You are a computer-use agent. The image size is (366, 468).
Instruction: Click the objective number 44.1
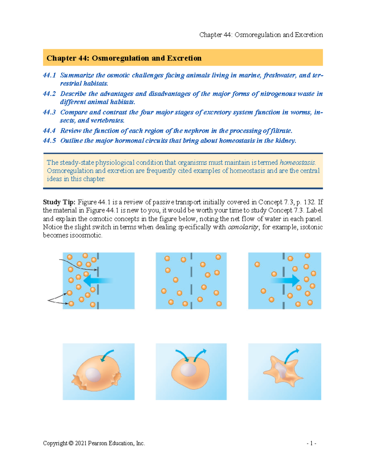[x=49, y=75]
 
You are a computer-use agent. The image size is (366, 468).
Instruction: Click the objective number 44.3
[x=49, y=112]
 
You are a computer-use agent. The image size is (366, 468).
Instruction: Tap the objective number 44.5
[x=49, y=141]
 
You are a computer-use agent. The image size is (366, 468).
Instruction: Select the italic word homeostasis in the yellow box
[x=297, y=162]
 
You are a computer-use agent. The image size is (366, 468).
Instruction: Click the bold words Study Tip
[x=59, y=202]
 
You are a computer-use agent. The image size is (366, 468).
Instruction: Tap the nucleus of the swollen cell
[x=93, y=375]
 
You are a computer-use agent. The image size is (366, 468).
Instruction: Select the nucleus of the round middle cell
[x=188, y=370]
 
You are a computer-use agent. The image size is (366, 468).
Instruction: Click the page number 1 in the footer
[x=311, y=444]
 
